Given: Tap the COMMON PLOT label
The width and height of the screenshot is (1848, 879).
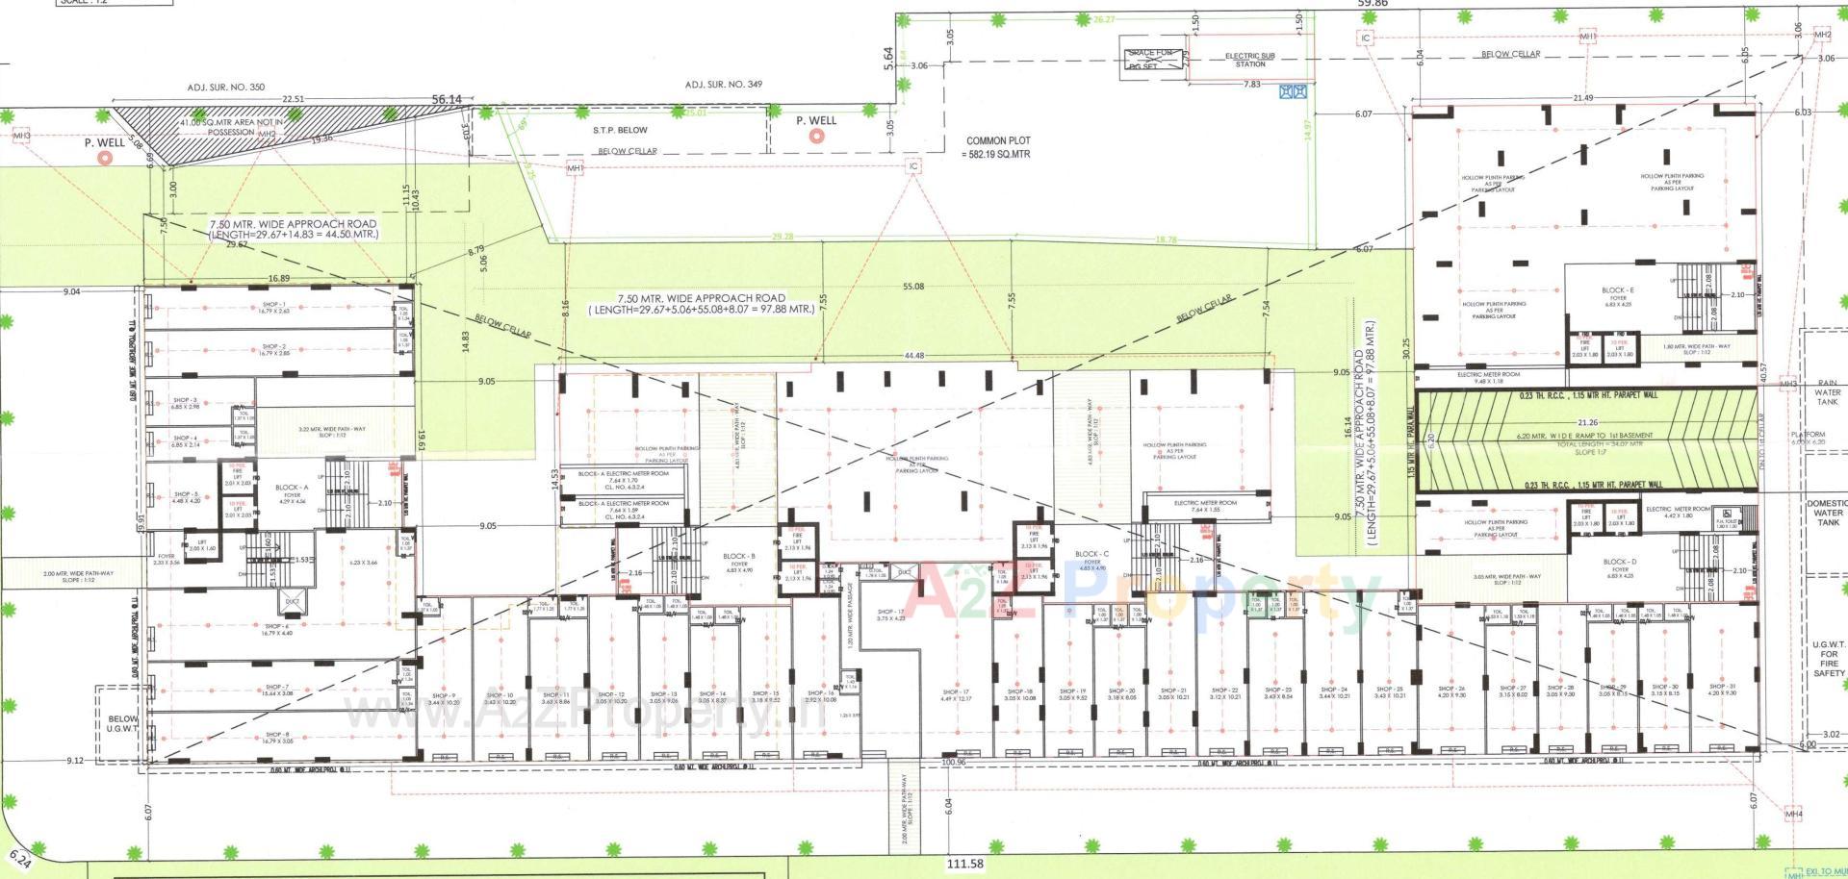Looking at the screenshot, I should point(998,146).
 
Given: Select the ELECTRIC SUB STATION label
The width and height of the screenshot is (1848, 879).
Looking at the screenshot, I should point(1250,60).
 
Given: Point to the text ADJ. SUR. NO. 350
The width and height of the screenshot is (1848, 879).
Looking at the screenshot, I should point(225,88).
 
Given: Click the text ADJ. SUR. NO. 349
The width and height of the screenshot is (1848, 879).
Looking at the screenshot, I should point(723,85).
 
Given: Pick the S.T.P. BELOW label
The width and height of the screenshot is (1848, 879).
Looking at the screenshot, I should point(620,130).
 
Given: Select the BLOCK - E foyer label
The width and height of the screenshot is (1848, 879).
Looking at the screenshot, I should point(1617,293).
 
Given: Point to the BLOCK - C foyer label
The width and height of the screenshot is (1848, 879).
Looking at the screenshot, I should point(1092,558).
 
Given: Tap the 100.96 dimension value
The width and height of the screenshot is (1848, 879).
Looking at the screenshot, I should point(953,763).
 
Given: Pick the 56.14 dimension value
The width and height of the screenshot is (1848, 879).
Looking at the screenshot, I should point(447,99).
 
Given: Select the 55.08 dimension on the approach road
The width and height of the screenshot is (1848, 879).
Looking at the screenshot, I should point(913,287).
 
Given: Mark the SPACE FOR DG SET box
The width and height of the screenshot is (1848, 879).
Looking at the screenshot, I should point(1151,59).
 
